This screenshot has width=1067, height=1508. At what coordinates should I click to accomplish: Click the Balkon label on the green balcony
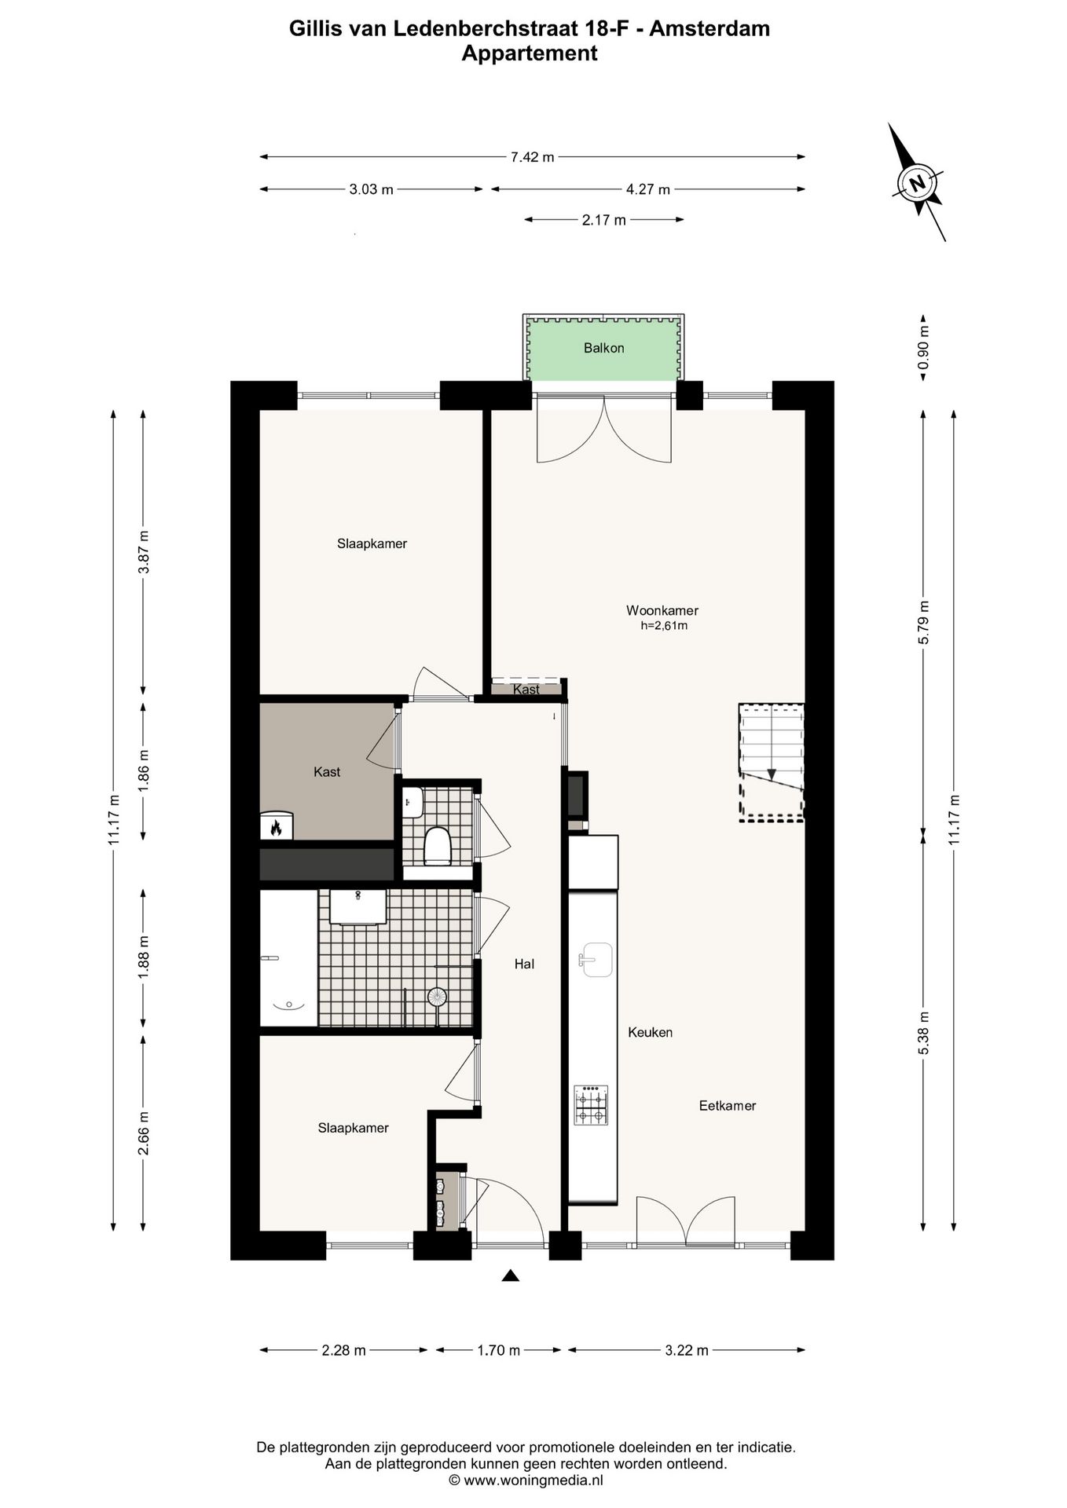pos(603,348)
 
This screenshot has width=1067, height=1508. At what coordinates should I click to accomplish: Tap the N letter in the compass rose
pos(916,184)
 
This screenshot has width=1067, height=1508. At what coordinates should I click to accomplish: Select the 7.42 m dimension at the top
pos(532,157)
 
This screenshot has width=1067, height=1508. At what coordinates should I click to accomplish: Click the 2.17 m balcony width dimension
pos(603,220)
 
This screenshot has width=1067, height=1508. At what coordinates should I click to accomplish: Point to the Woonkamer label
pos(662,610)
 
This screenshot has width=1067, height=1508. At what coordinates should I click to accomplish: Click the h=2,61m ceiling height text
pos(664,626)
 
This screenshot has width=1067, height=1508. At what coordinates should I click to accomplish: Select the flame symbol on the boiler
pos(276,827)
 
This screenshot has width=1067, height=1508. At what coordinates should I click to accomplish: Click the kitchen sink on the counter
pos(596,959)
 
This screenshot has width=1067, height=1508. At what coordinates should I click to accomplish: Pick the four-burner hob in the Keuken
pos(591,1105)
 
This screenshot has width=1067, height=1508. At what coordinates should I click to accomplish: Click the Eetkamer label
pos(727,1106)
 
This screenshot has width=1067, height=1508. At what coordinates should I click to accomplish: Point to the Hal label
pos(524,964)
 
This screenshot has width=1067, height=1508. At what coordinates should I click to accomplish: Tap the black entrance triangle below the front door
pos(511,1276)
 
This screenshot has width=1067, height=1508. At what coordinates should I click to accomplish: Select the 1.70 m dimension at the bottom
pos(498,1350)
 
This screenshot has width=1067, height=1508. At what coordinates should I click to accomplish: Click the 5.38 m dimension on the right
pos(924,1045)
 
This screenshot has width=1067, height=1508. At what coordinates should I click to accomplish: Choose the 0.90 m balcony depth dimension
pos(924,346)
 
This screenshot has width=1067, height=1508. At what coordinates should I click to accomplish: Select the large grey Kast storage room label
pos(326,772)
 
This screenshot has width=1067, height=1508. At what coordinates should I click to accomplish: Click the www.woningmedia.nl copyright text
pos(526,1480)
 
